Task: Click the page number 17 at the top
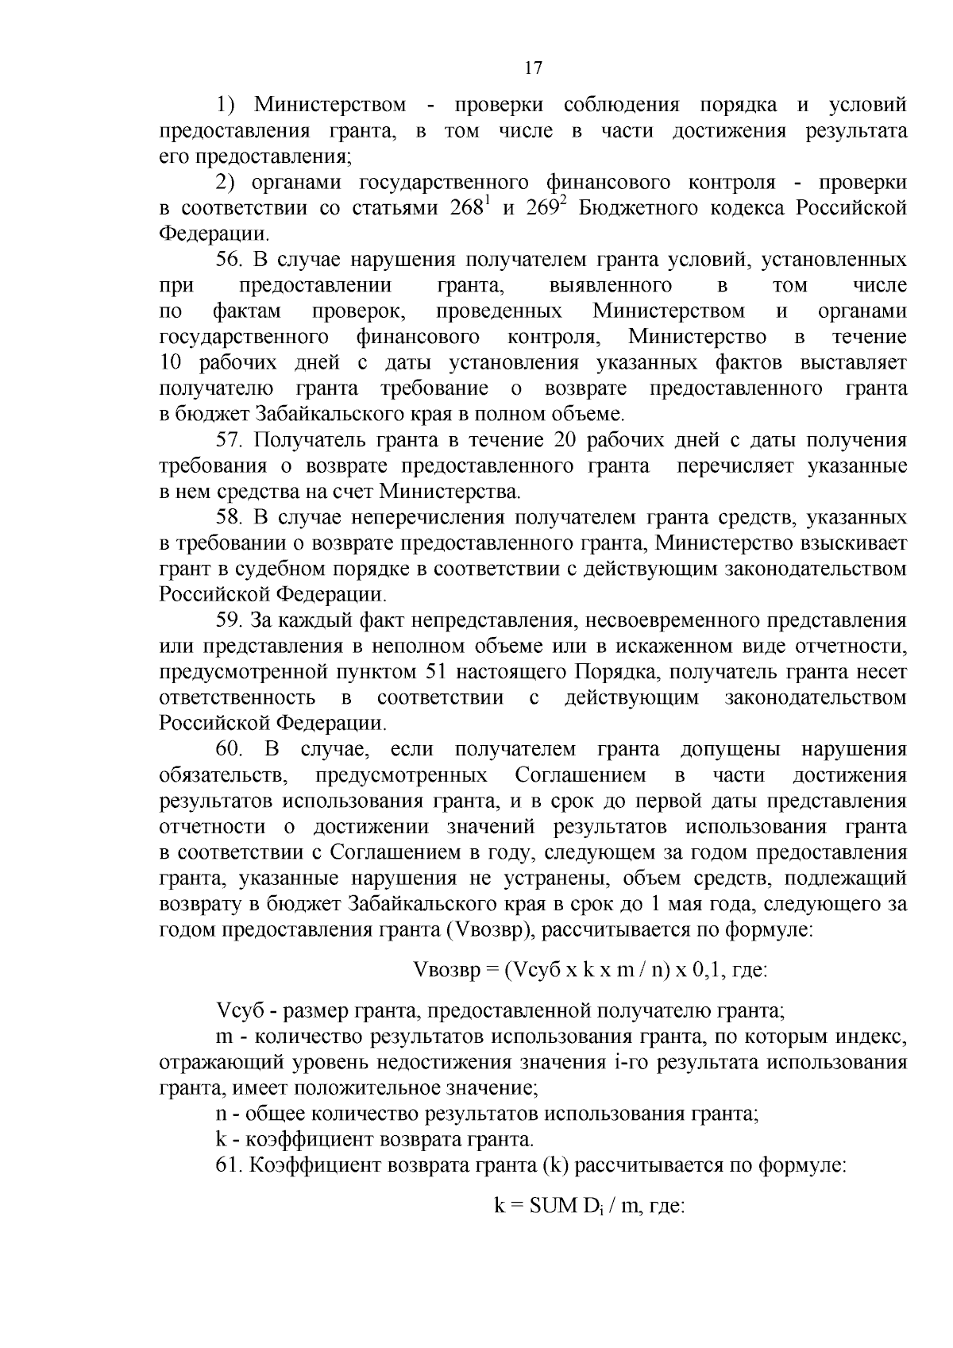click(533, 68)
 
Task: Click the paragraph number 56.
click(229, 260)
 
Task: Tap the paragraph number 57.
click(229, 441)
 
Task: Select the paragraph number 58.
click(229, 518)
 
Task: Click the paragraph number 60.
click(230, 750)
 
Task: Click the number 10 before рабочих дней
click(172, 363)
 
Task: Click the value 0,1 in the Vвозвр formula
click(704, 970)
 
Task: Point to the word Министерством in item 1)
click(330, 105)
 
